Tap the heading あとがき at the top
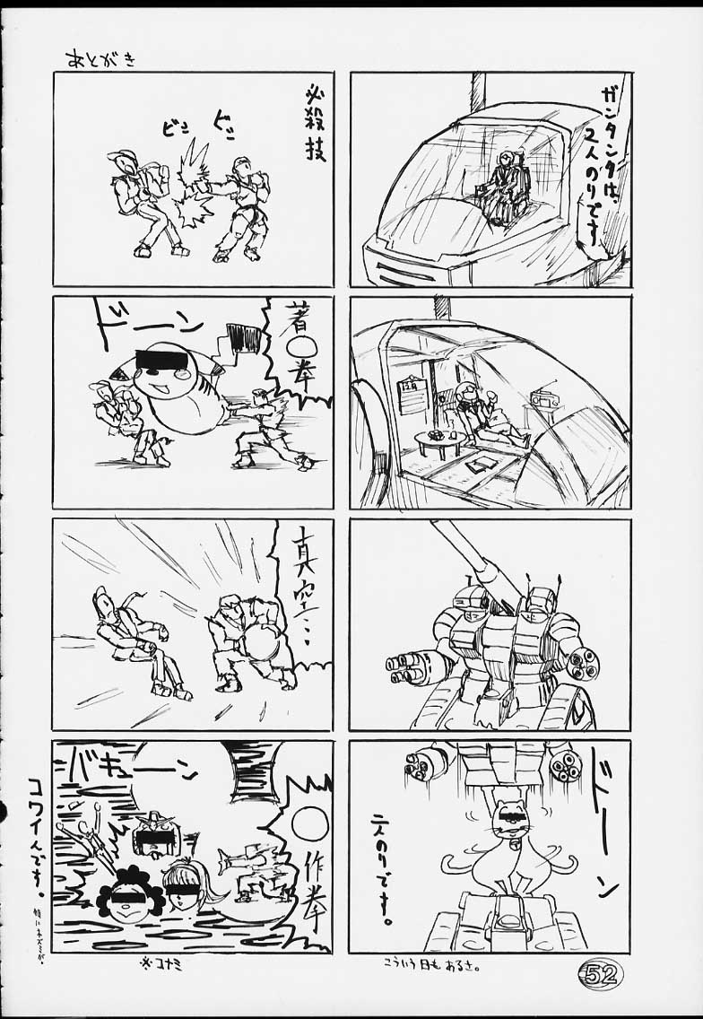[100, 60]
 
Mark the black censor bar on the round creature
[162, 361]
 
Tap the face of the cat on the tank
[509, 823]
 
